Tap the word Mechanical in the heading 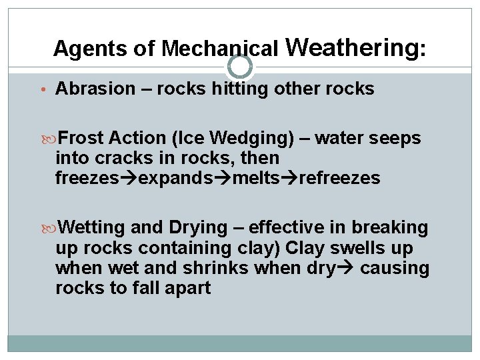pyautogui.click(x=220, y=49)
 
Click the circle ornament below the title pyautogui.click(x=240, y=67)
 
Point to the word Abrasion pyautogui.click(x=95, y=89)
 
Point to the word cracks pyautogui.click(x=123, y=159)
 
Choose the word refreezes pyautogui.click(x=340, y=179)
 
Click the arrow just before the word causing pyautogui.click(x=345, y=268)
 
